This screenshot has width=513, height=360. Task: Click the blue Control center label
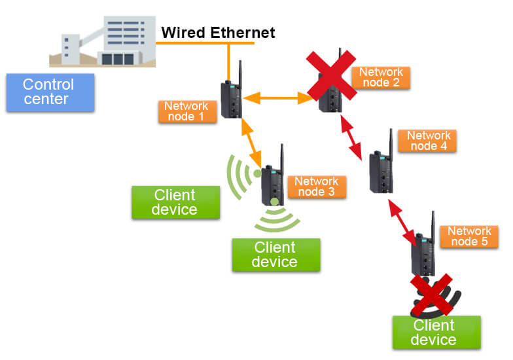tap(49, 92)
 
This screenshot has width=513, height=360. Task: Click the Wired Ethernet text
tap(219, 31)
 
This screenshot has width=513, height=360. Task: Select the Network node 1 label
tap(186, 111)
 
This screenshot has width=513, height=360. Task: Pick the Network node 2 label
tap(380, 77)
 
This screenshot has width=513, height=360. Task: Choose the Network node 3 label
tap(316, 187)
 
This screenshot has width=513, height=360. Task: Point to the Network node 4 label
tap(429, 141)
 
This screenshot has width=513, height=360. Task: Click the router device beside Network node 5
tap(424, 252)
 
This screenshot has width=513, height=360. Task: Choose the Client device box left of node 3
tap(174, 202)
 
